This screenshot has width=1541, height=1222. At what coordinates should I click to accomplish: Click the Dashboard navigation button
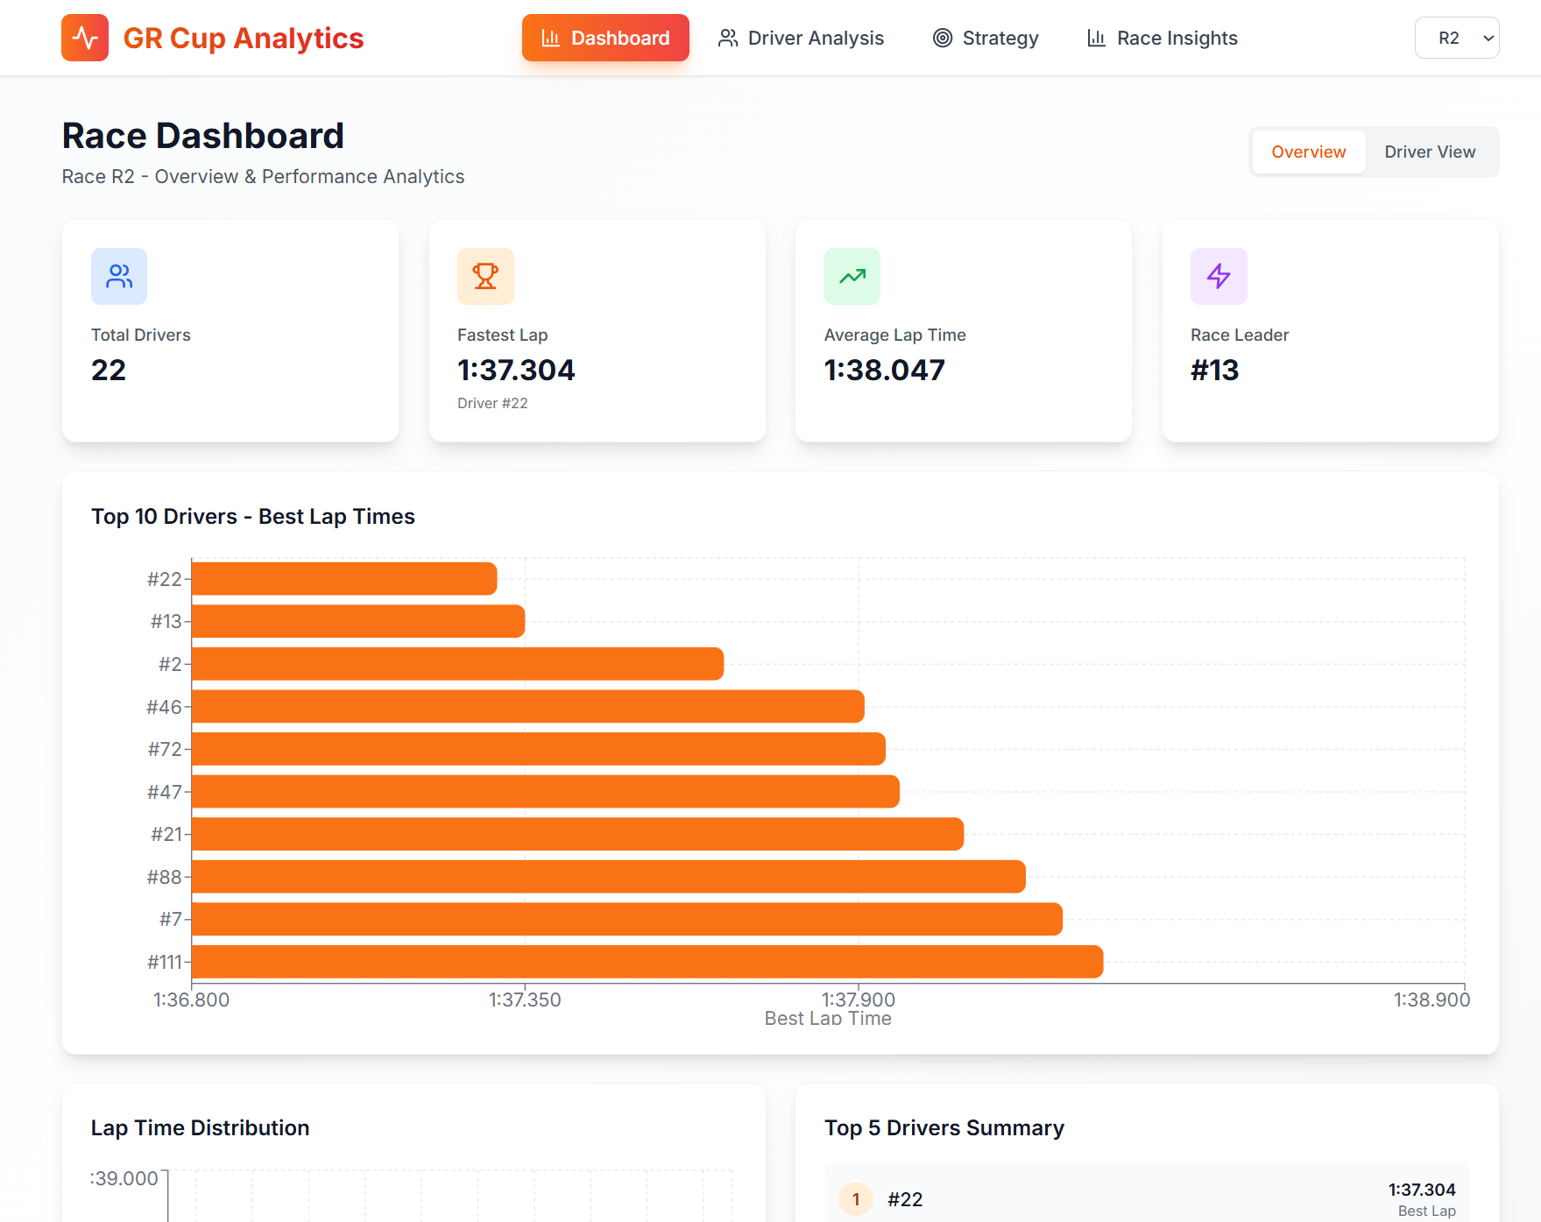[605, 38]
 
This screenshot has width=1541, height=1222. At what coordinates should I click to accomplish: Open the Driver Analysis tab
[801, 38]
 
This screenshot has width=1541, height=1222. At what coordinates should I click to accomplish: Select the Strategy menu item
[986, 38]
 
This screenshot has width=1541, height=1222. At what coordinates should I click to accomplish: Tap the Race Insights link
[1162, 38]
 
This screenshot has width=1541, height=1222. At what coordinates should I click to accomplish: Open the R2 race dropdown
[1456, 38]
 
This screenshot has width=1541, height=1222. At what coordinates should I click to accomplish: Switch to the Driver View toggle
[1429, 152]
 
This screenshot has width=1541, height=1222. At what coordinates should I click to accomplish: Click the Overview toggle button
[1308, 152]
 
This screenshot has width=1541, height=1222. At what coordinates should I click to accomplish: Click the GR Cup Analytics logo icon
[85, 38]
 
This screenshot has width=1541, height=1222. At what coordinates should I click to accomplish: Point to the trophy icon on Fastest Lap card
[485, 276]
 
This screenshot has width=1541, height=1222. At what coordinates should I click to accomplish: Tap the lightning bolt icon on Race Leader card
[1218, 276]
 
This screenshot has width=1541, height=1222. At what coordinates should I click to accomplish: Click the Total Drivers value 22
[109, 370]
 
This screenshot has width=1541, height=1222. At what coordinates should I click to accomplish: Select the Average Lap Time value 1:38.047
[884, 370]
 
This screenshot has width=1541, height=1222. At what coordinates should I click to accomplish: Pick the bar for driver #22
[344, 578]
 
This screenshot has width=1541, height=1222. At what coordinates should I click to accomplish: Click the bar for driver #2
[457, 663]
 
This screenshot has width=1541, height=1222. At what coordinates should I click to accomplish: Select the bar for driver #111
[647, 961]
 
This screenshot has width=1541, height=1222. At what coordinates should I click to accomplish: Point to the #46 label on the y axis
[164, 706]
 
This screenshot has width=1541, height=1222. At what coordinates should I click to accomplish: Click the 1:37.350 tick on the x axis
[525, 999]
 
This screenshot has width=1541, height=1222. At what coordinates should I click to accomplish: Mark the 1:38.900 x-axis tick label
[1431, 999]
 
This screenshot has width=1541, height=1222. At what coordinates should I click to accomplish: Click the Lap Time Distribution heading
[200, 1127]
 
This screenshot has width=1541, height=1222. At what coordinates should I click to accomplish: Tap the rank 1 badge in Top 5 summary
[856, 1198]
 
